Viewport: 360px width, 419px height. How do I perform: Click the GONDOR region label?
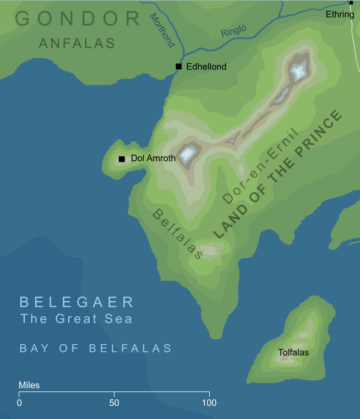78,19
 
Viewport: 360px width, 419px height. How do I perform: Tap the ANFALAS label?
77,43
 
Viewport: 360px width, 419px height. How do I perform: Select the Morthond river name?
163,30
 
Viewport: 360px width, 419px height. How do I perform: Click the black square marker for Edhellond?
178,67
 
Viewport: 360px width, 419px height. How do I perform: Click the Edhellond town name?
206,67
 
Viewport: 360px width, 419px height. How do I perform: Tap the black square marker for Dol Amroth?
122,159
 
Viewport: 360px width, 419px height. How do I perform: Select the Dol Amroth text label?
153,159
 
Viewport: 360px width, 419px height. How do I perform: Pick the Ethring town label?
340,14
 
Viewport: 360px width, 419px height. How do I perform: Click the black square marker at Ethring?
351,3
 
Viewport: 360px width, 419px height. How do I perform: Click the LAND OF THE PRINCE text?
278,175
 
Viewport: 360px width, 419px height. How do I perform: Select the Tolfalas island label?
293,352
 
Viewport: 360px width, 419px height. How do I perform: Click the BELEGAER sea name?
77,302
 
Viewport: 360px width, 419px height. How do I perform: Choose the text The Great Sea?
76,318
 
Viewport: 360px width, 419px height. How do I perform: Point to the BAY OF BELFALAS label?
96,348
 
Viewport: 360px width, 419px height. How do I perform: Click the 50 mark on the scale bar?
114,402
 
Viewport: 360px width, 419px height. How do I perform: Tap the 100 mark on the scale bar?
209,402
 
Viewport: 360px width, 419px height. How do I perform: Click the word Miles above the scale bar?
29,385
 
